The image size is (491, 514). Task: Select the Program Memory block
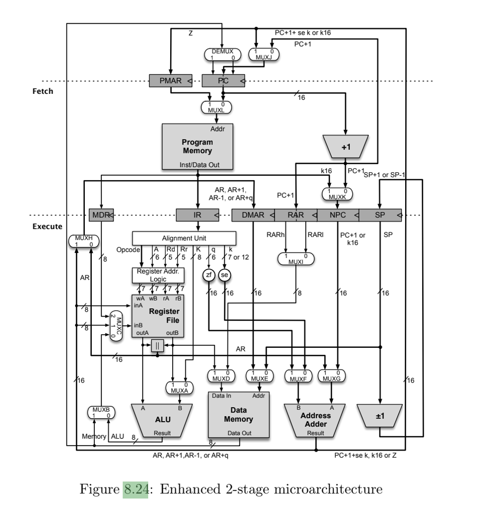coord(197,146)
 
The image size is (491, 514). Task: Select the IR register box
coord(197,215)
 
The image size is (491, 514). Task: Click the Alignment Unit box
coord(184,237)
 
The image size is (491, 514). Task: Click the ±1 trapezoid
coord(381,416)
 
